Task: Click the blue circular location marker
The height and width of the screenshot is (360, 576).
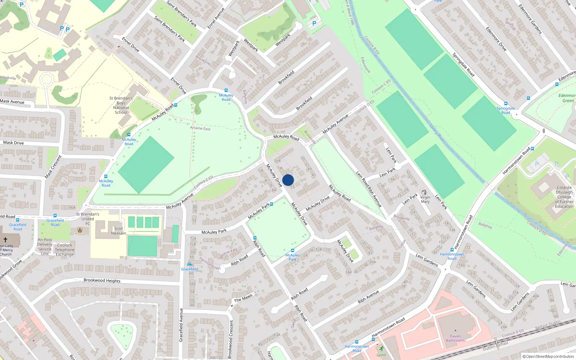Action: (288, 180)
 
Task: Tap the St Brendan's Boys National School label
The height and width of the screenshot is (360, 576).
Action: (121, 105)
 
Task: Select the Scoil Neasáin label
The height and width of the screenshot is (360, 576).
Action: (118, 231)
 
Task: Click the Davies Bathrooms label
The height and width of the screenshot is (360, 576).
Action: (455, 338)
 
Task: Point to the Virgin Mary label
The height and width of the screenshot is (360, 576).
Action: (425, 199)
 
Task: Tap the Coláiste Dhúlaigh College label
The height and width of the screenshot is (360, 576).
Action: (564, 197)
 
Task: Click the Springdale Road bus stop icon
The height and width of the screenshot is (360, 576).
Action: (505, 104)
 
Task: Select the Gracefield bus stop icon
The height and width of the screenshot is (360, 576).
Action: (189, 264)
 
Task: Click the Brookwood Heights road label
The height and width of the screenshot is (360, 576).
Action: (102, 280)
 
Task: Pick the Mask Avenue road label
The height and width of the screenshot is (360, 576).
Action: (12, 102)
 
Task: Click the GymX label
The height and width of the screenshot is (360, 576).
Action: (381, 355)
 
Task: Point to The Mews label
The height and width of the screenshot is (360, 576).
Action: (243, 298)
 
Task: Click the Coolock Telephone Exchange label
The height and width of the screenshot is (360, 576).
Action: (65, 250)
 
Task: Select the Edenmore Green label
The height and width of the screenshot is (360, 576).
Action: (567, 98)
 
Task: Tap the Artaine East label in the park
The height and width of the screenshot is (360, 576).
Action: (200, 128)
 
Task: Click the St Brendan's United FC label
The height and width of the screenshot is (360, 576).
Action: (87, 219)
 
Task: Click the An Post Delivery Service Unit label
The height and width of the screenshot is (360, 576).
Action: (45, 247)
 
